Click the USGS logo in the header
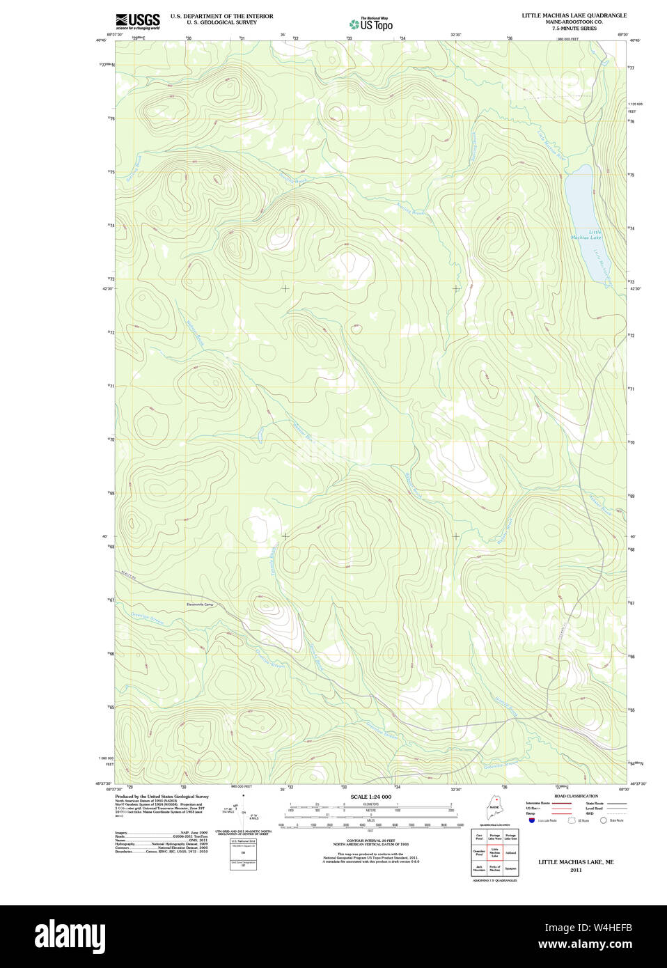tap(137, 21)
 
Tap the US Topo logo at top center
tap(371, 24)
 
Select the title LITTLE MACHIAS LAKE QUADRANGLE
tap(574, 15)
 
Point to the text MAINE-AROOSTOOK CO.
tap(574, 22)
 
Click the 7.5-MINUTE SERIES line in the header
tap(574, 29)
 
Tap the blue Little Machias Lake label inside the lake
tap(586, 235)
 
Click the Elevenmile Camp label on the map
tap(200, 604)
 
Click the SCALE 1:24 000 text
tap(370, 797)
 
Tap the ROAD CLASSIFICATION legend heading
tap(576, 796)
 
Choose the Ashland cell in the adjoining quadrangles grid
tap(511, 852)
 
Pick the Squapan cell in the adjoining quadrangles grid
tap(511, 868)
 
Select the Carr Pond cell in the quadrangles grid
tap(479, 836)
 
